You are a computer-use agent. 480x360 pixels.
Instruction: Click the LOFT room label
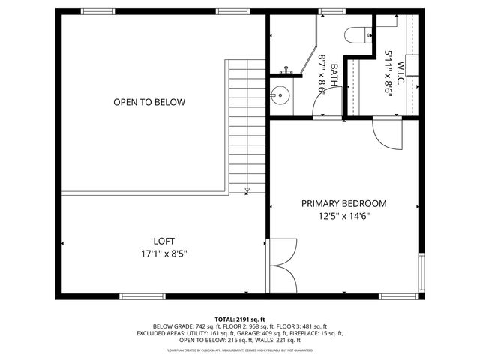coord(163,241)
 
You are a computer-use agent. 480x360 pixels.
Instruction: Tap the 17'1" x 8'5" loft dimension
coord(163,253)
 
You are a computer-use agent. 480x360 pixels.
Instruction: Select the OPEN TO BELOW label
coord(149,102)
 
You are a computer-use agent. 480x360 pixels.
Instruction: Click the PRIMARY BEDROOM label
coord(344,203)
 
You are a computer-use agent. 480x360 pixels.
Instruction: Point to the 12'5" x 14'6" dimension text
coord(344,216)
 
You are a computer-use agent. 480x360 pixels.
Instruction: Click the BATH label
coord(333,75)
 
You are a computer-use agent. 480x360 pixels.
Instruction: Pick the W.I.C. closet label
coord(400,75)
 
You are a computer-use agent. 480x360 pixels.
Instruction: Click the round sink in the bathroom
coord(280,95)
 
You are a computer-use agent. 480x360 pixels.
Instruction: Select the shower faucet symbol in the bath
coord(286,71)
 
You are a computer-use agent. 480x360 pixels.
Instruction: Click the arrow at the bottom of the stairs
coord(248,192)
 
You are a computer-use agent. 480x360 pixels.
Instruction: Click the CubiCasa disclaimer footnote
coord(239,349)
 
